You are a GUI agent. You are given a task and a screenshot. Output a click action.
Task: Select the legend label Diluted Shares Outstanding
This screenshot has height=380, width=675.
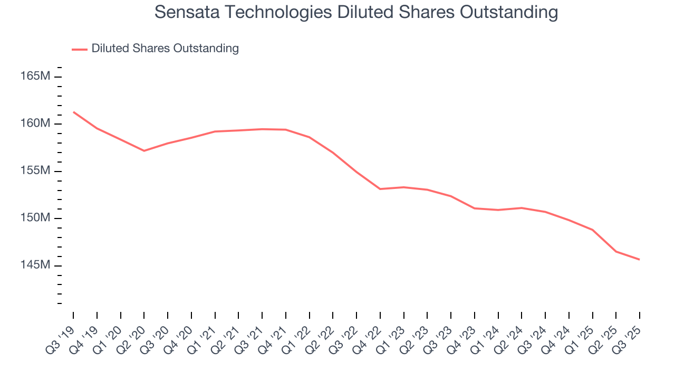[165, 49]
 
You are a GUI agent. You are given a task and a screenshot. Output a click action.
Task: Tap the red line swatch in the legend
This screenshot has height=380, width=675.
[80, 49]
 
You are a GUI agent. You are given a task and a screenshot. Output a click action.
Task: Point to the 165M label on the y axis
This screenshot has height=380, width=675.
[35, 77]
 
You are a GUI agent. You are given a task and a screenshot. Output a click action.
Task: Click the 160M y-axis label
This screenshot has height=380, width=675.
[35, 123]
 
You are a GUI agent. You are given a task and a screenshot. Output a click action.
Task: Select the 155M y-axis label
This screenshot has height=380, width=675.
[35, 171]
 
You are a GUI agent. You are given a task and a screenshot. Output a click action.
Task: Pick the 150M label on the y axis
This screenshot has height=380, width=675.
[35, 218]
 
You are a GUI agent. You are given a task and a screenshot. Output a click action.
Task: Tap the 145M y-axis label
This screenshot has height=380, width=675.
[35, 265]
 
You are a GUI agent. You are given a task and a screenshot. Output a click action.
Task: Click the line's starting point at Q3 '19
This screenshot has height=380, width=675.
[73, 112]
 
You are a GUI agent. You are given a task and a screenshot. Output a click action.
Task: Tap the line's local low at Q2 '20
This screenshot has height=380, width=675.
[144, 151]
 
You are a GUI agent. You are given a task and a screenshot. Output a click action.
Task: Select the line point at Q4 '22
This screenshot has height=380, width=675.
[380, 189]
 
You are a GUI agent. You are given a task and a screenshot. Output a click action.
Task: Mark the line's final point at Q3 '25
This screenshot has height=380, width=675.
[640, 260]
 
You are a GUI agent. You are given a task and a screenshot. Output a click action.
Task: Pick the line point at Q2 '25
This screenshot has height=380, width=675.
[616, 252]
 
